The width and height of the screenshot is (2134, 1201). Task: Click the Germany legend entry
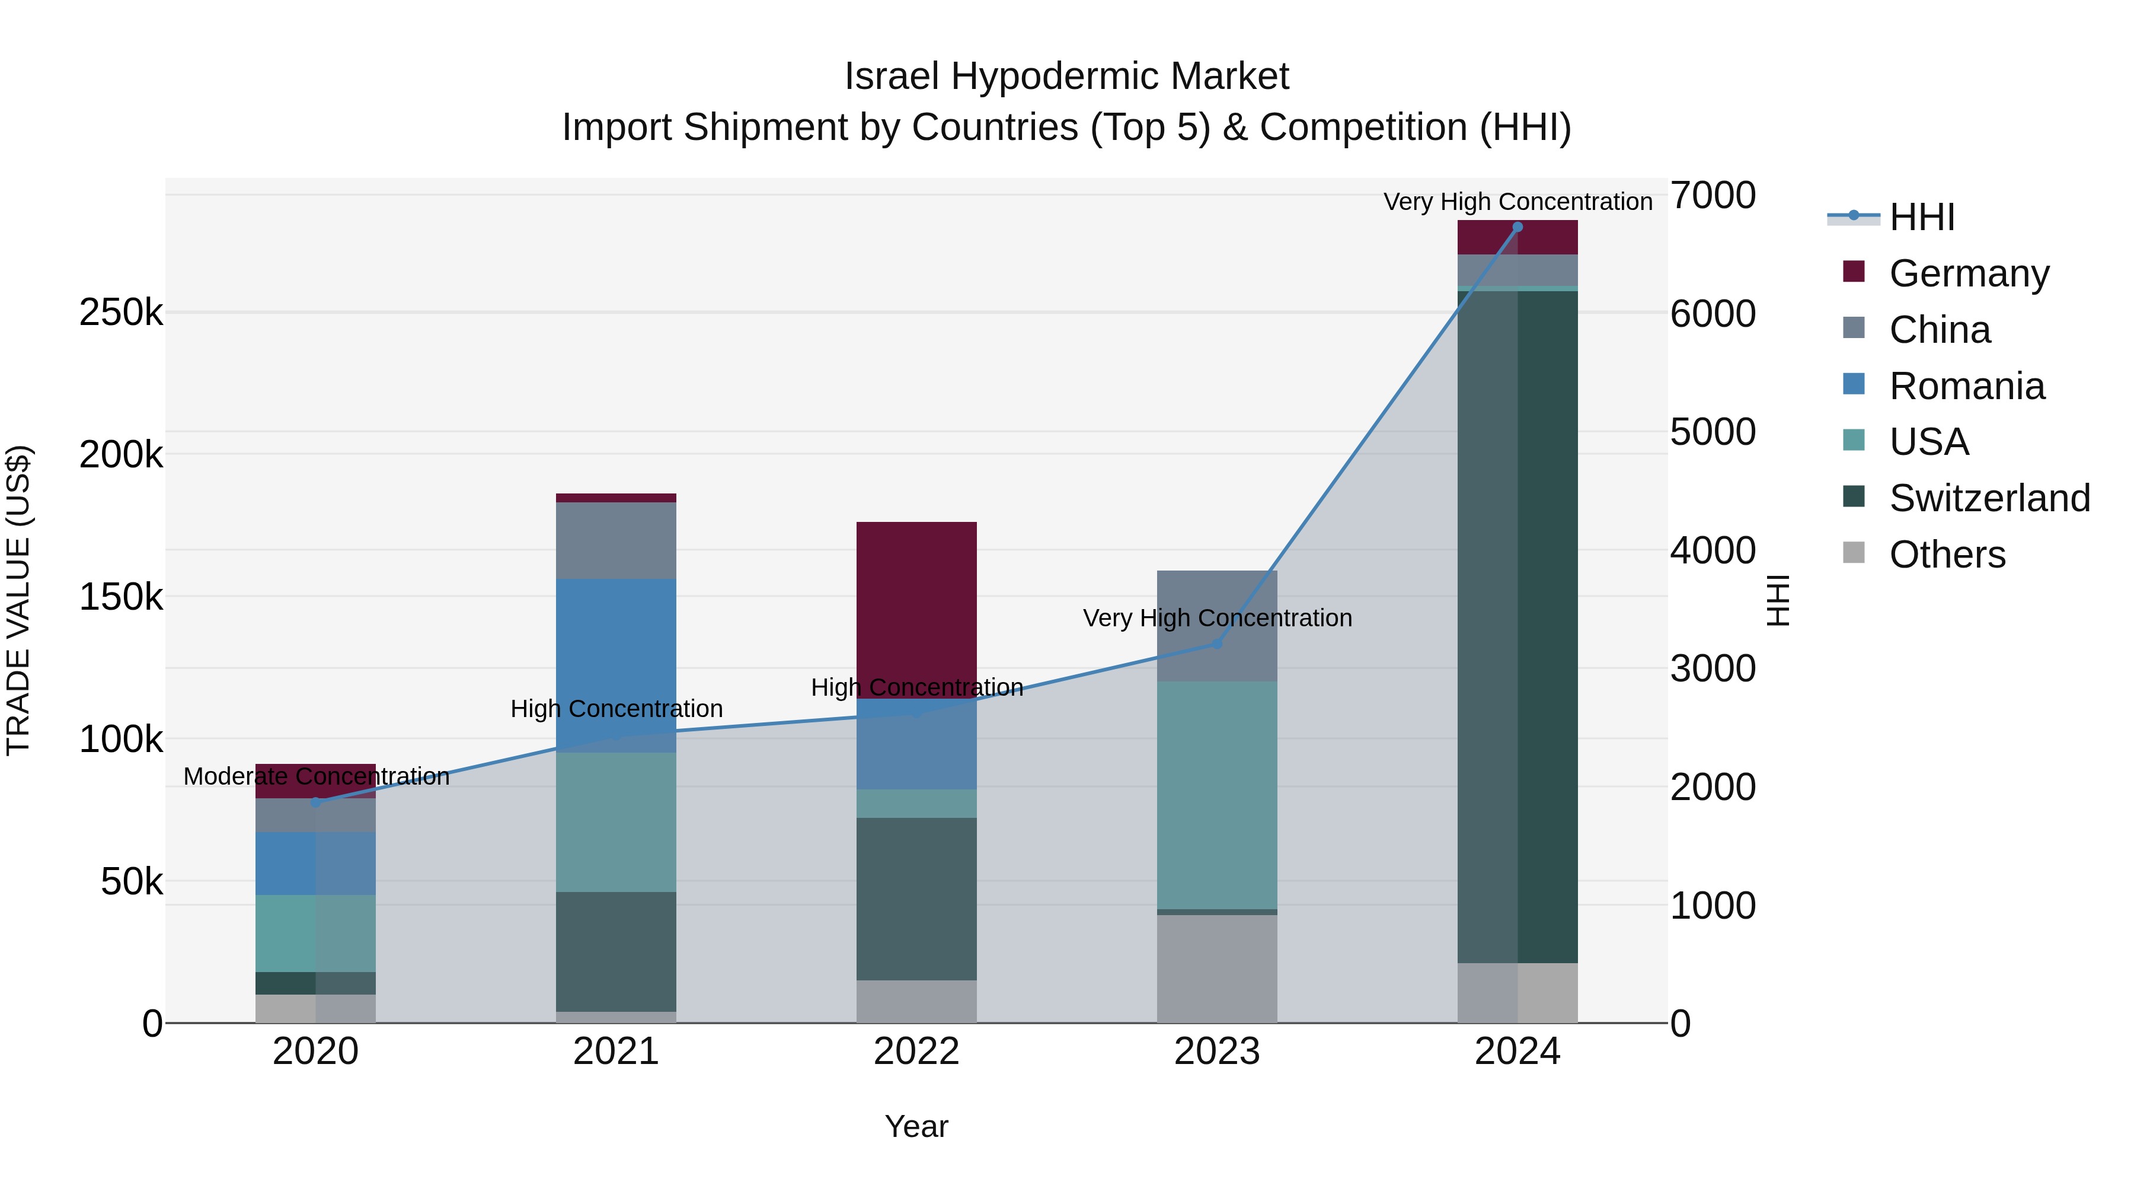pos(1968,273)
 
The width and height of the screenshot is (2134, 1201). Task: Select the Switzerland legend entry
pos(1988,498)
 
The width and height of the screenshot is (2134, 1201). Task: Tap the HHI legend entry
pos(1921,217)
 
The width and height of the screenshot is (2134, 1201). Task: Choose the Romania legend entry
pos(1966,386)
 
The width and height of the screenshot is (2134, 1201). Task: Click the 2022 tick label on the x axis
pos(916,1052)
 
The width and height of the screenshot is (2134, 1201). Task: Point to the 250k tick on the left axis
pos(121,313)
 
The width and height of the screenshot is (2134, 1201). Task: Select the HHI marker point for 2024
pos(1518,227)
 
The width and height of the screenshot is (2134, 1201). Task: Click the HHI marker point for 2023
pos(1217,643)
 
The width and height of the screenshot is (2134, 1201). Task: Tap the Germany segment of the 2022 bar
pos(916,609)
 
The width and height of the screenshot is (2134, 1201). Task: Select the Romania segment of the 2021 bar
pos(615,665)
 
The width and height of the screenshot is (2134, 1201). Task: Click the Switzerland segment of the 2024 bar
pos(1518,626)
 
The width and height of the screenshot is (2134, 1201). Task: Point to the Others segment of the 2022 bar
pos(916,1001)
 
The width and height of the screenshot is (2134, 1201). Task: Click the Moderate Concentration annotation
pos(317,776)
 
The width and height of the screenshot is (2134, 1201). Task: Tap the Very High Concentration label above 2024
pos(1518,202)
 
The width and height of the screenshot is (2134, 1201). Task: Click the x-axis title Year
pos(916,1126)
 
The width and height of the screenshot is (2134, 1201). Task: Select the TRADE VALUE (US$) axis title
pos(18,600)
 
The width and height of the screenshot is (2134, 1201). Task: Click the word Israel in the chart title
pos(892,77)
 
